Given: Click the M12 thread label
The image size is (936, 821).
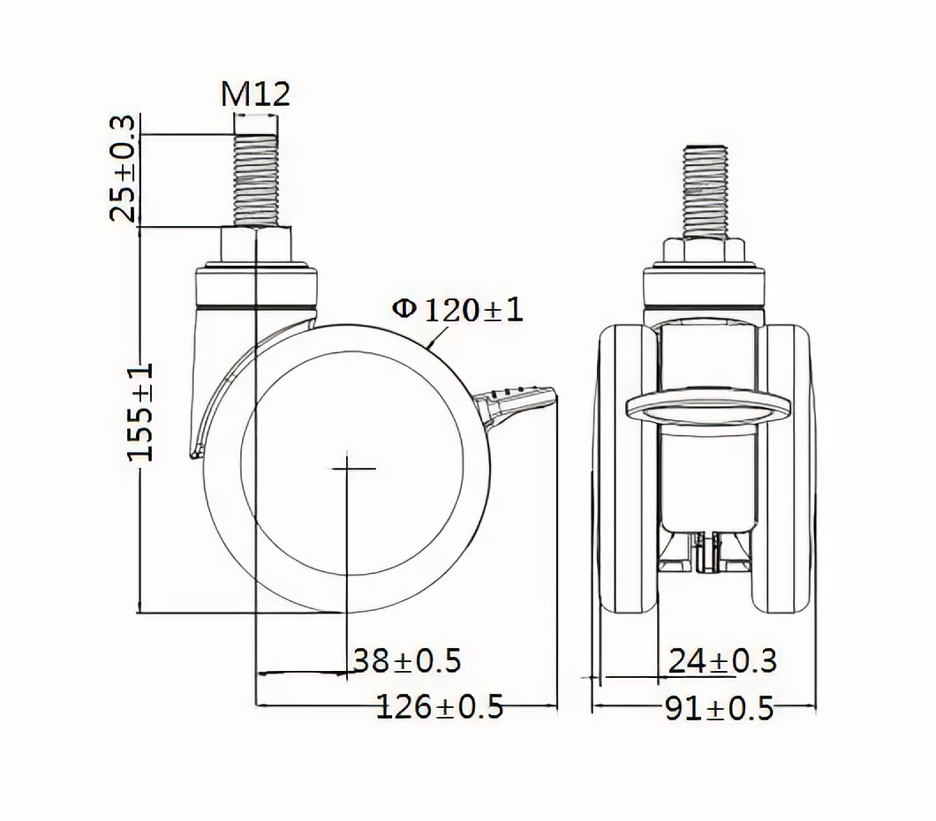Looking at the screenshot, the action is pos(255,94).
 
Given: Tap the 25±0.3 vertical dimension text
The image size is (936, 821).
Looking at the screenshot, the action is pos(124,169).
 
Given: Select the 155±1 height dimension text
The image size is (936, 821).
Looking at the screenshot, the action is pos(141,411).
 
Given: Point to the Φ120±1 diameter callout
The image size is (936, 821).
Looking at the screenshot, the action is pos(457,310).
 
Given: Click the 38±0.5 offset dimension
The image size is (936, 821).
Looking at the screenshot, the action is pos(407,660).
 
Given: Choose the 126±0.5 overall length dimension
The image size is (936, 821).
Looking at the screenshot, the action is pos(440,707).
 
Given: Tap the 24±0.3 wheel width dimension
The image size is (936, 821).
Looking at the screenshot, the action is pos(722,661).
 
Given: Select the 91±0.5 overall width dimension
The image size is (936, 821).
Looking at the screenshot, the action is pos(720,708).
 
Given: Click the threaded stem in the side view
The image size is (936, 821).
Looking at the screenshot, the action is pos(255,179).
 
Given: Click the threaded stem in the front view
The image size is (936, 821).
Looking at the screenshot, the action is pos(705,191).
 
